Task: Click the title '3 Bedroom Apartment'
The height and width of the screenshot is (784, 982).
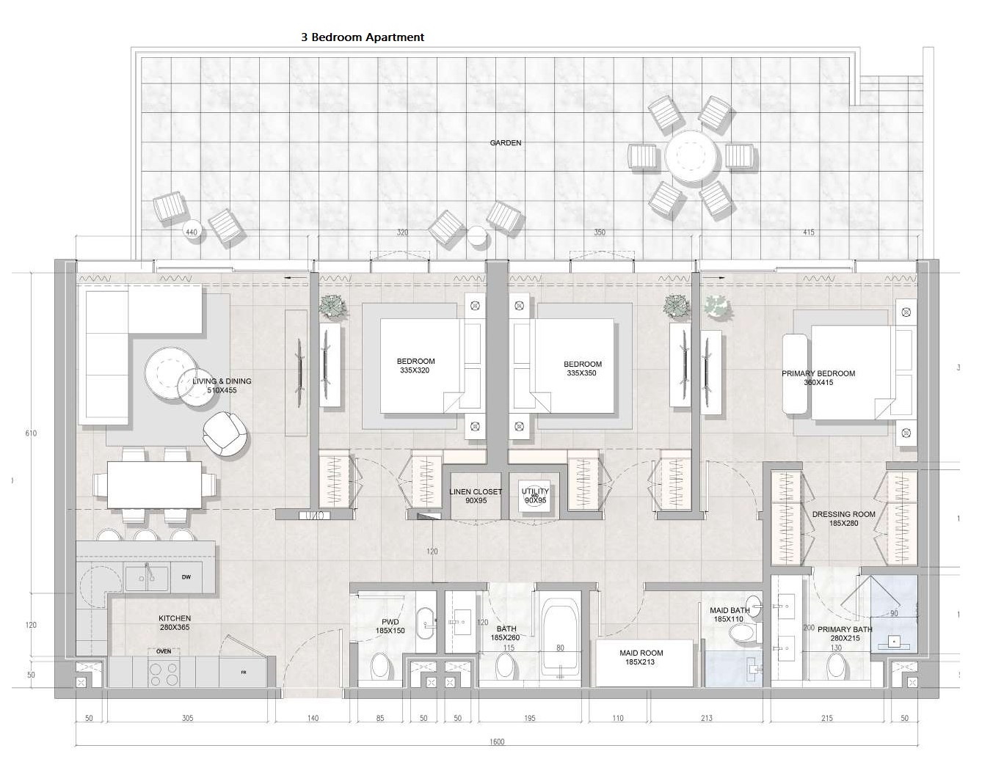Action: tap(363, 37)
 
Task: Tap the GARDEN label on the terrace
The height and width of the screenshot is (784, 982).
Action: tap(505, 143)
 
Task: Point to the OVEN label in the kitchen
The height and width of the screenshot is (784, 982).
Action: tap(164, 651)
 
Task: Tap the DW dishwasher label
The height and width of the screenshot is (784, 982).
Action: tap(186, 577)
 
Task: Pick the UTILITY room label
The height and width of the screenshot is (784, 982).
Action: tap(535, 491)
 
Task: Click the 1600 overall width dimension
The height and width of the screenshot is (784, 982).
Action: tap(497, 741)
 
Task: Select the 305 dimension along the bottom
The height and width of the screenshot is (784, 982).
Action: tap(188, 718)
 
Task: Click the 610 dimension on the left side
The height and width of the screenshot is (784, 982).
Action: tap(31, 433)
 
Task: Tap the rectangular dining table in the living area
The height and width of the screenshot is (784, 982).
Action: tap(155, 485)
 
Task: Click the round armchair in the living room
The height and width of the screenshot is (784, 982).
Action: tap(226, 433)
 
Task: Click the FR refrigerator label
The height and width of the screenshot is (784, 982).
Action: tap(243, 673)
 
